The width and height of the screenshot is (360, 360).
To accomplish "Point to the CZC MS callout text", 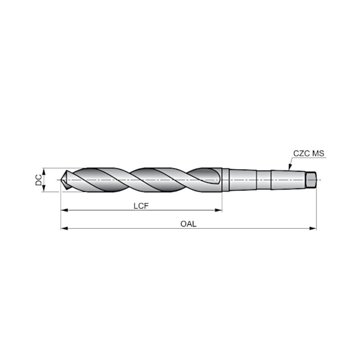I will pyautogui.click(x=308, y=153).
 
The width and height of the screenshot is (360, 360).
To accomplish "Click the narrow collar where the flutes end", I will pyautogui.click(x=225, y=181).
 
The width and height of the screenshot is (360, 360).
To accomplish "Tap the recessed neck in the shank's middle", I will pyautogui.click(x=264, y=181).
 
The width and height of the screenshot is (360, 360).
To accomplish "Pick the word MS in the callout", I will pyautogui.click(x=317, y=153).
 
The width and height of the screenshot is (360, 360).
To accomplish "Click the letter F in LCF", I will pyautogui.click(x=148, y=205).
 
